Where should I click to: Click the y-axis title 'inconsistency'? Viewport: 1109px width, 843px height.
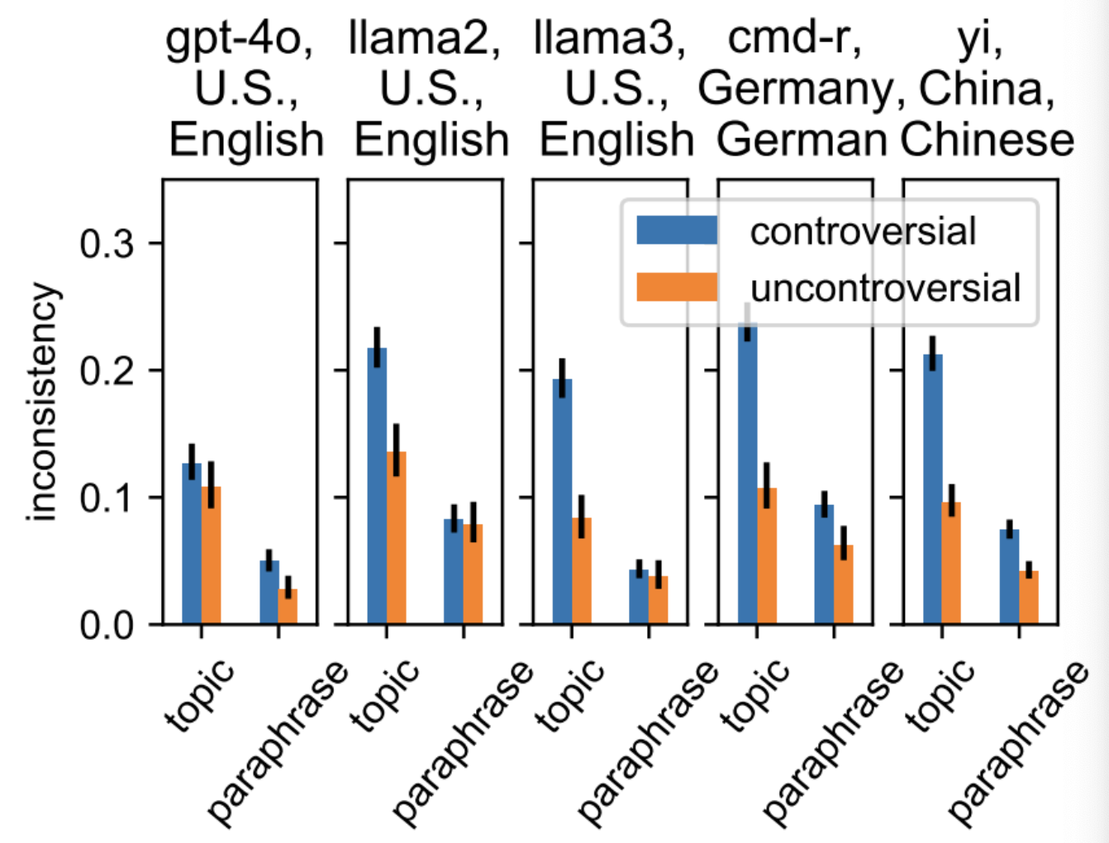tap(43, 402)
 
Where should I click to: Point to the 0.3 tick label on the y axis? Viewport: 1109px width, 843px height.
tap(107, 244)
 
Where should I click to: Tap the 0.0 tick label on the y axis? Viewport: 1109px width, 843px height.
tap(107, 626)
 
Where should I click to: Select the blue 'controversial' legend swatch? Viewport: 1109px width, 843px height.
tap(677, 230)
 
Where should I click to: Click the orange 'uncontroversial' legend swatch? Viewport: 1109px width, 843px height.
tap(677, 287)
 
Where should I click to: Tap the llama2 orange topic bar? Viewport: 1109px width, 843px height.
tap(397, 537)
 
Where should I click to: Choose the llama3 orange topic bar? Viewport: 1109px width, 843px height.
tap(582, 570)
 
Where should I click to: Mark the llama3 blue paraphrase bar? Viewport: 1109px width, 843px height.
tap(639, 596)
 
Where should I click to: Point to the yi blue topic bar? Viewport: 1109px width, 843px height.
tap(933, 488)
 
